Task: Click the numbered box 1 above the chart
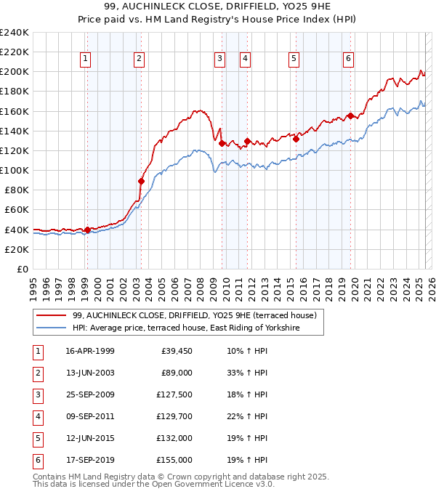click(86, 59)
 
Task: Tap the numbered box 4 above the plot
click(246, 59)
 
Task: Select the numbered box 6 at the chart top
click(349, 59)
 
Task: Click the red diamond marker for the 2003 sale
click(141, 181)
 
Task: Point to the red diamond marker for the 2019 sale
click(350, 116)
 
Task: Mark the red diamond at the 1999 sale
click(87, 230)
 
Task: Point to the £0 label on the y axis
click(22, 269)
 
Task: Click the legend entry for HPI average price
click(196, 328)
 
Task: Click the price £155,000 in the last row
click(174, 460)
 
